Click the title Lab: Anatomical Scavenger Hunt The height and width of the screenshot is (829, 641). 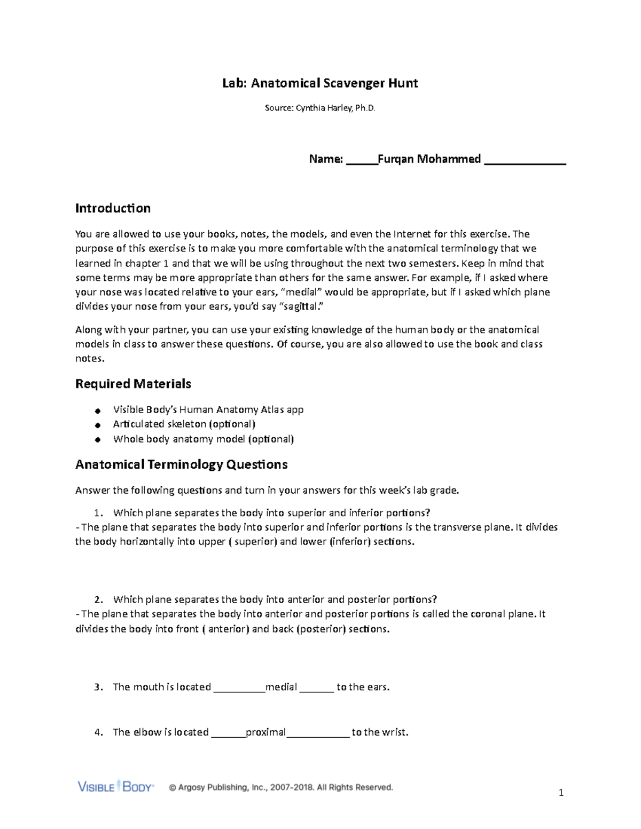pos(320,83)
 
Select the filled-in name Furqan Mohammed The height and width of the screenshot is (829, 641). pos(429,159)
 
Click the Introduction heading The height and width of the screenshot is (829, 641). pos(113,208)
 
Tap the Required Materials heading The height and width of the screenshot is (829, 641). pos(133,384)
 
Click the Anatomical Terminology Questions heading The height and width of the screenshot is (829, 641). pos(181,464)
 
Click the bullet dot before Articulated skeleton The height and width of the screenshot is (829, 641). pos(97,425)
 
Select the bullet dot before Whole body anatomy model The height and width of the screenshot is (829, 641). pos(97,440)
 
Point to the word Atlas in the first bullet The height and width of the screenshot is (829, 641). pos(272,410)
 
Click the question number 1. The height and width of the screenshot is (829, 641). pos(97,514)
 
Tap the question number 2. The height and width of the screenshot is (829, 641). pos(97,600)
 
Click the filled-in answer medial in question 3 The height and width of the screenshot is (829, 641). pos(281,687)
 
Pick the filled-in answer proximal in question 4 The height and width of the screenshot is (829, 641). pos(265,732)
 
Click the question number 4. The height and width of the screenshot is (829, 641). pos(98,732)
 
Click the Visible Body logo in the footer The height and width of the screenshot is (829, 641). pos(115,787)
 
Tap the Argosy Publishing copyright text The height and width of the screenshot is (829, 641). pos(281,787)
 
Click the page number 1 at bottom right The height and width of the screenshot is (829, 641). pos(561,793)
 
